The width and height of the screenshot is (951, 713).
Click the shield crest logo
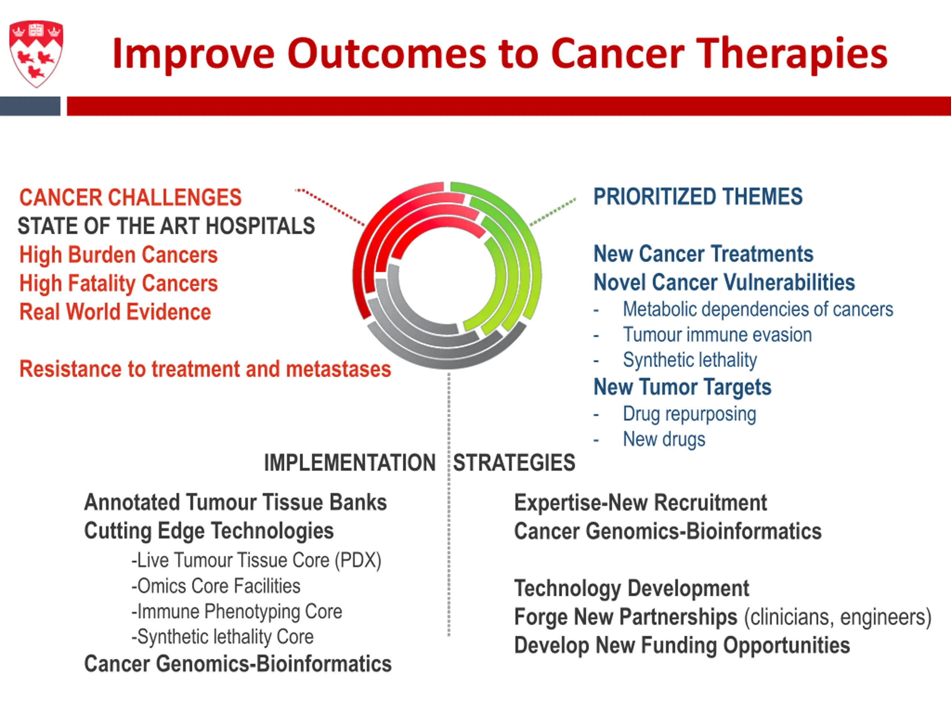36,54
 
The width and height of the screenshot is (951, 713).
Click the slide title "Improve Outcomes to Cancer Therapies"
500,54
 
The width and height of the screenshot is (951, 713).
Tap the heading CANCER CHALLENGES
131,198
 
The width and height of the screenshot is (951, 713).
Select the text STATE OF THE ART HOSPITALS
166,226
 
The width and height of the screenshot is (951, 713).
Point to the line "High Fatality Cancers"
119,284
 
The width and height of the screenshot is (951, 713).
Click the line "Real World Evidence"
115,312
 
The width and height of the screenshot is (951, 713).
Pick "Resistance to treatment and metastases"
205,369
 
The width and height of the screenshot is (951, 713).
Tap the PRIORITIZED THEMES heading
698,197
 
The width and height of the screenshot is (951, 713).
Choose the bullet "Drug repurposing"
689,414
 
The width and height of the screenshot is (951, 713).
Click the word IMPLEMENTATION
350,463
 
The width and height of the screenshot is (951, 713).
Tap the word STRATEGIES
514,463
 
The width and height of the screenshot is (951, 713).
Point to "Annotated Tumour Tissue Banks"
236,502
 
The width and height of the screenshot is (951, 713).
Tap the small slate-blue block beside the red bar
30,106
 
